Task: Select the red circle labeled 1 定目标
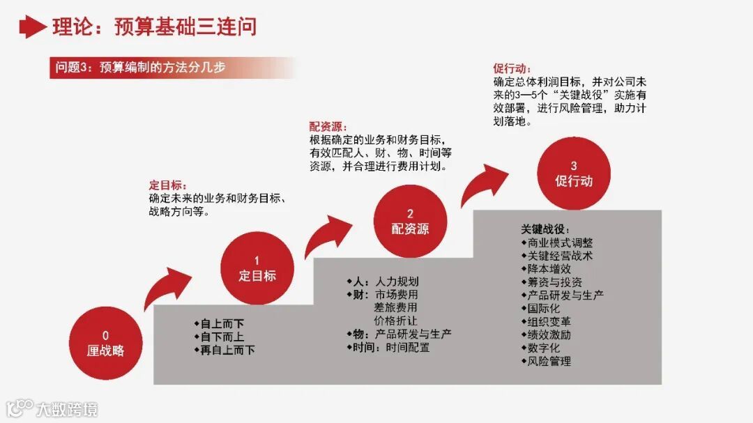(x=257, y=268)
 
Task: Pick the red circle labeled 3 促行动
(x=573, y=173)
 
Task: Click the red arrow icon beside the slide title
(x=32, y=26)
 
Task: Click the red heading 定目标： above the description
(x=167, y=185)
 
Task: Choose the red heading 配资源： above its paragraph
(x=328, y=127)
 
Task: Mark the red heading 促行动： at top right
(x=512, y=69)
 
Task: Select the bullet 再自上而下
(x=227, y=350)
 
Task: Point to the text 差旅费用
(x=395, y=307)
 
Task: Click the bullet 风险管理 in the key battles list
(x=549, y=362)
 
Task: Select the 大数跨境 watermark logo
(x=52, y=408)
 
